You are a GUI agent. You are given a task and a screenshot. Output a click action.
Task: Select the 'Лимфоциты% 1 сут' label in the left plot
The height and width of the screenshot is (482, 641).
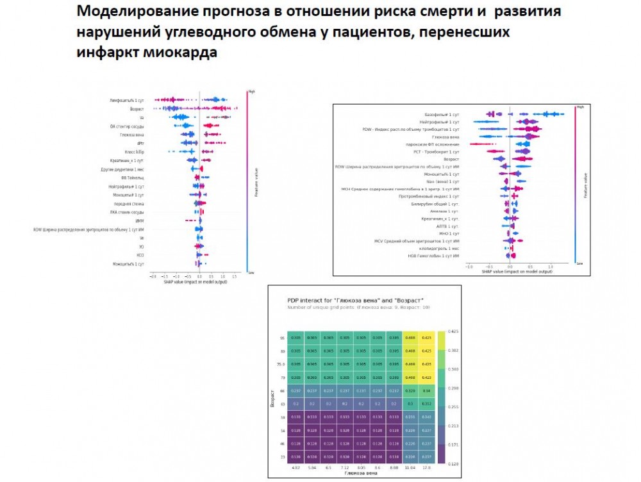127,101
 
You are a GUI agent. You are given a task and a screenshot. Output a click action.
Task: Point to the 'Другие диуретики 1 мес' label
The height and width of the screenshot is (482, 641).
126,169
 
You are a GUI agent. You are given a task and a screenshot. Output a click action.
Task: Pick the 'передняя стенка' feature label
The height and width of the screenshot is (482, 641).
131,203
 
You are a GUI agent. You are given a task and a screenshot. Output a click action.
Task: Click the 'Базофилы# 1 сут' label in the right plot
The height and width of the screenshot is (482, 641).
442,113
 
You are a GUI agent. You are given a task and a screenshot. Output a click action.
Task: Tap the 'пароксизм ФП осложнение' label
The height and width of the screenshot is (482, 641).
438,144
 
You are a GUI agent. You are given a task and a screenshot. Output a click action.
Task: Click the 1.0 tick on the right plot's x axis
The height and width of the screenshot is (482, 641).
550,266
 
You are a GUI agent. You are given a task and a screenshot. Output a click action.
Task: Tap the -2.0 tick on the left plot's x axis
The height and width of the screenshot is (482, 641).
153,276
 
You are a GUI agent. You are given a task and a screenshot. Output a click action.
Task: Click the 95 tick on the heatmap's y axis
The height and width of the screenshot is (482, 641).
281,337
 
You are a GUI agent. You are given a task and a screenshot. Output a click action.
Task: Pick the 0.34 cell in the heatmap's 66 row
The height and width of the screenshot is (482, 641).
426,391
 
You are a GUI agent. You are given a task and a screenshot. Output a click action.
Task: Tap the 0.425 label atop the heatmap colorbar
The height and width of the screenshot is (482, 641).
453,331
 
